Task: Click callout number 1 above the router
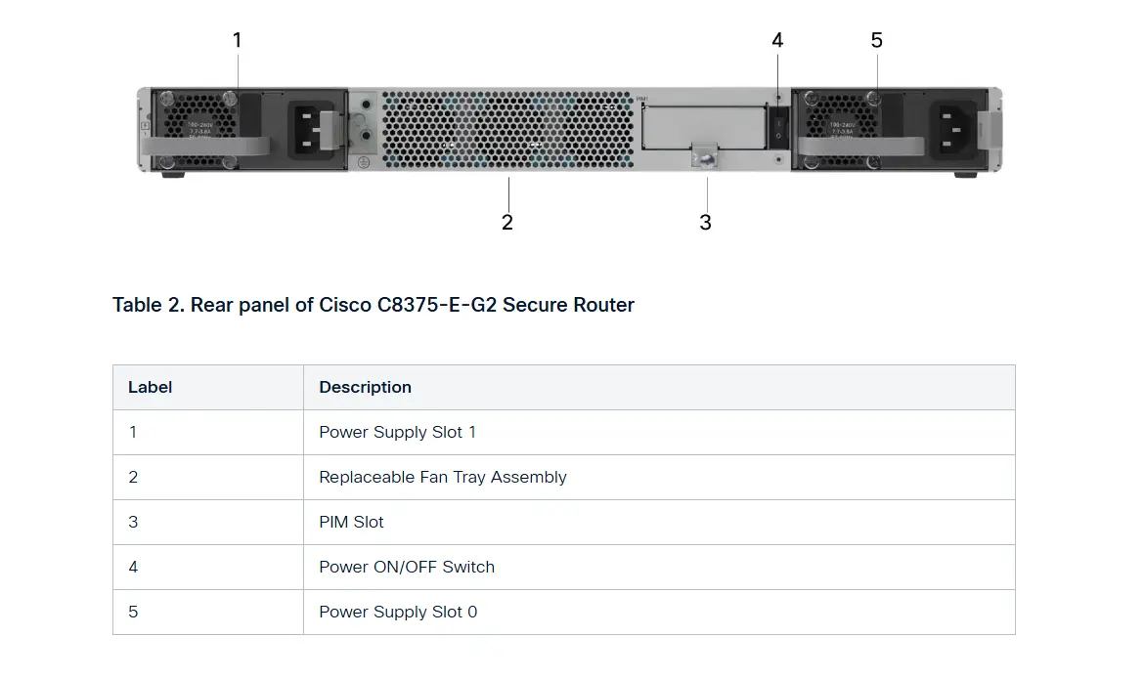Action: click(237, 40)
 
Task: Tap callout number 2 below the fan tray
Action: click(507, 223)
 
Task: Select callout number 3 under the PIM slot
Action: click(706, 223)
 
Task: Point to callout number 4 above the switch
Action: click(777, 40)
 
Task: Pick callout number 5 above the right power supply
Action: click(877, 40)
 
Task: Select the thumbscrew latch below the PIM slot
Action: click(704, 155)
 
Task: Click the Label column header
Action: click(151, 387)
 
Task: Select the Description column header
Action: click(365, 387)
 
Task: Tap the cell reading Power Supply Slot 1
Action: click(397, 432)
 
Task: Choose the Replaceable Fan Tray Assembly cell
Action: click(442, 477)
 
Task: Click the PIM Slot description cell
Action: click(351, 522)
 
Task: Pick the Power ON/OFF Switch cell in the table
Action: click(406, 567)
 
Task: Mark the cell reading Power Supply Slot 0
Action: click(398, 612)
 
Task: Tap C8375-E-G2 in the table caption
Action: click(437, 305)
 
